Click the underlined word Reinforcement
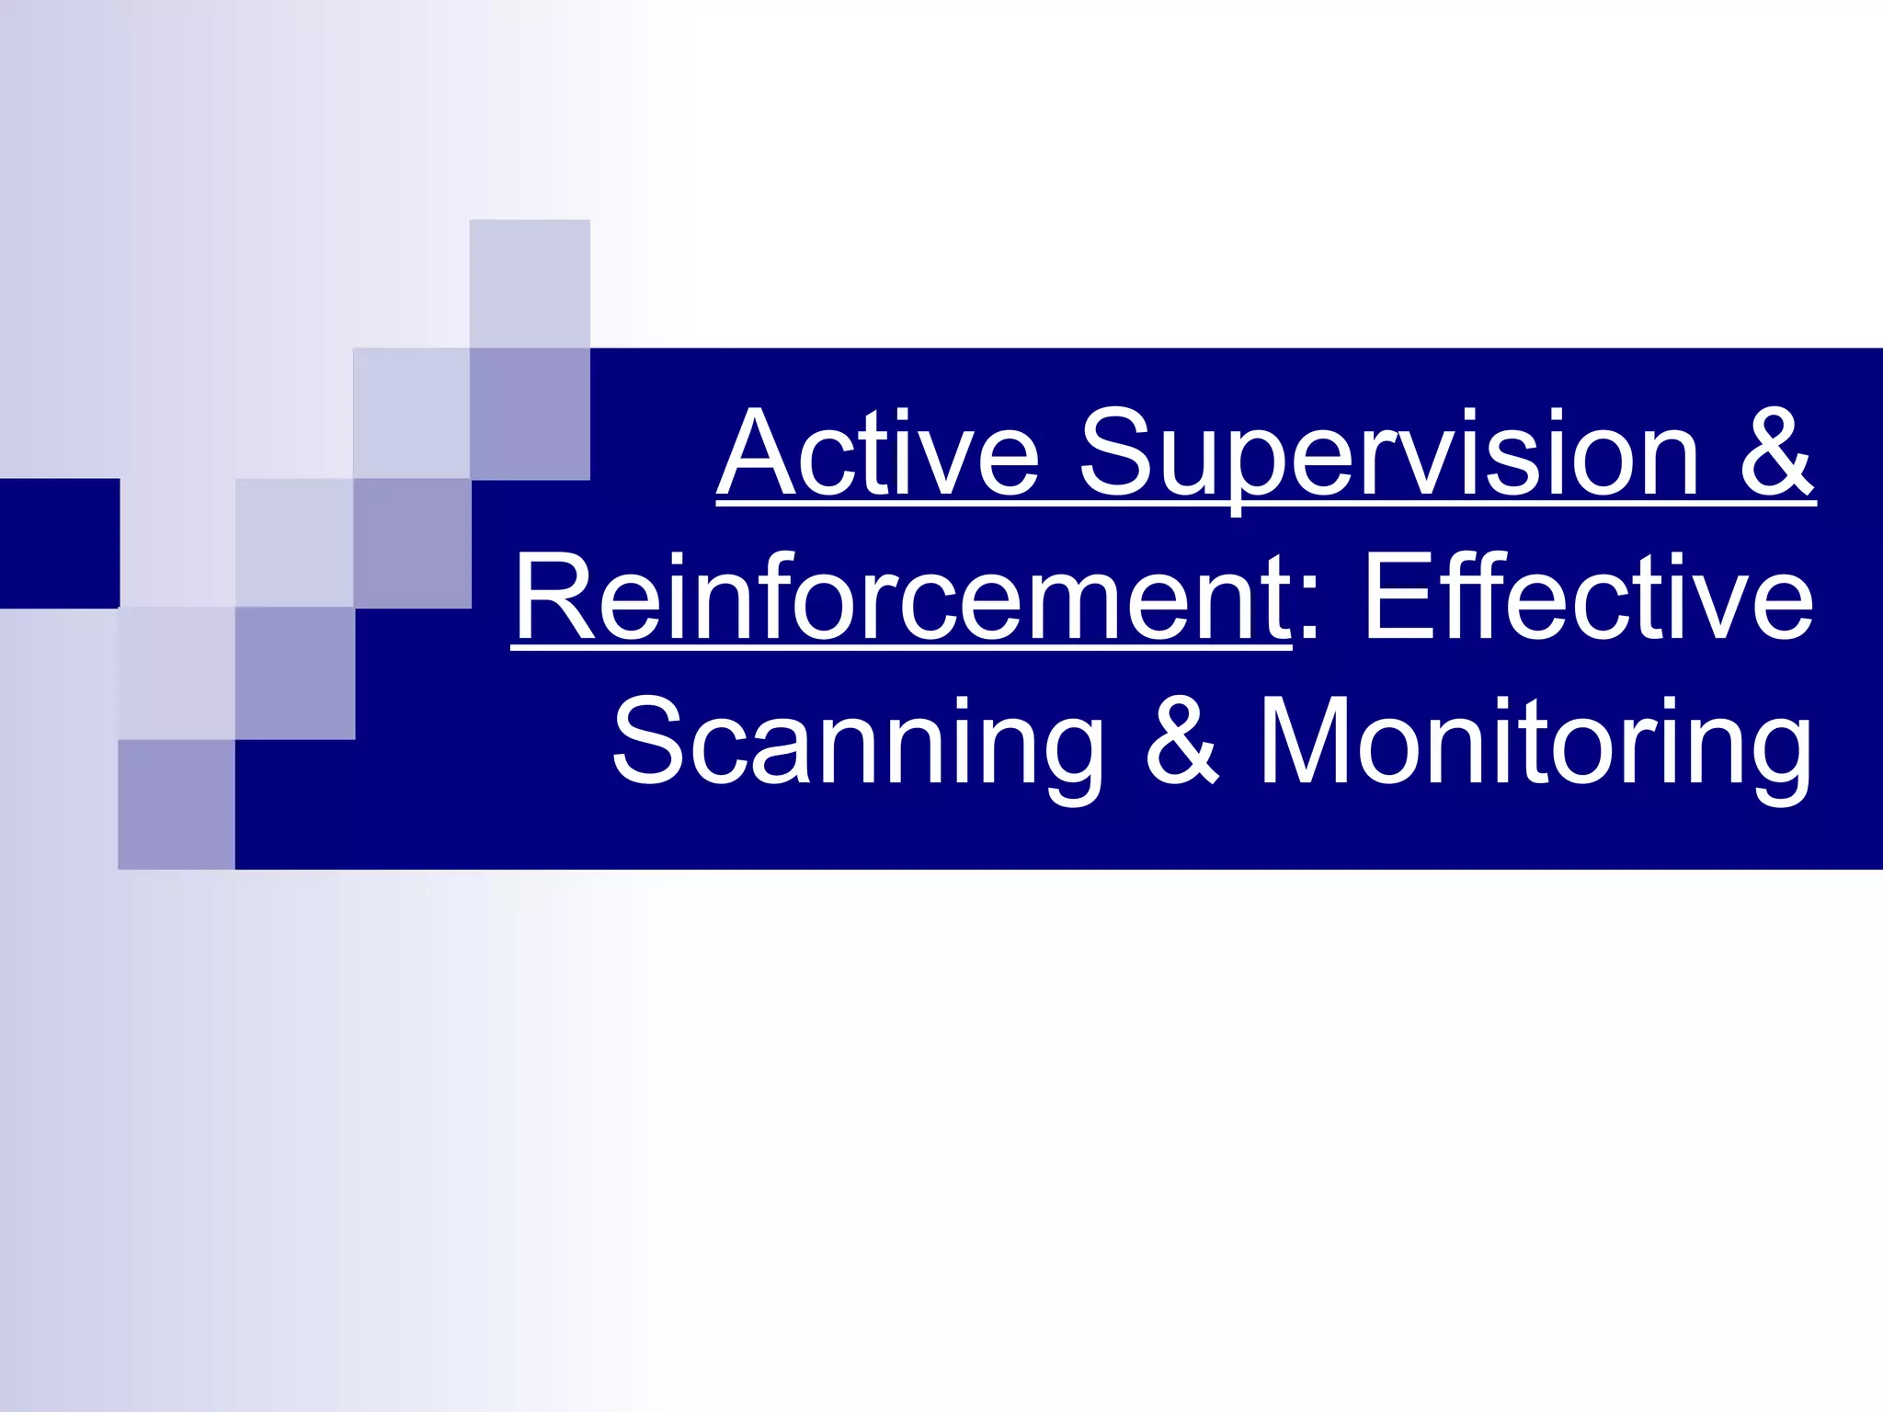(901, 598)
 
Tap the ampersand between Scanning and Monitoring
(1182, 743)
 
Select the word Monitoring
(1535, 743)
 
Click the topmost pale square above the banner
(530, 283)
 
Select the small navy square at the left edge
(60, 542)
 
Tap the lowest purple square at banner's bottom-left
(177, 804)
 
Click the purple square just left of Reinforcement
(412, 543)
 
